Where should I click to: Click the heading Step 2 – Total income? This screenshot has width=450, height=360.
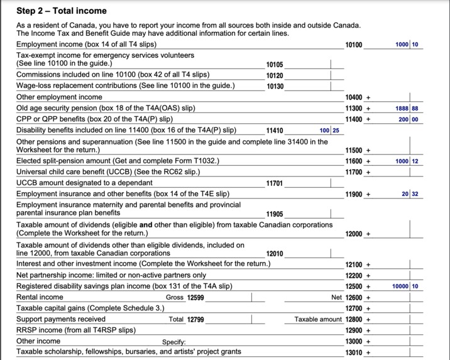point(61,11)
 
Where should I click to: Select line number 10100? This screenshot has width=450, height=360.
point(354,45)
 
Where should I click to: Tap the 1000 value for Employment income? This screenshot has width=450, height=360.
point(402,45)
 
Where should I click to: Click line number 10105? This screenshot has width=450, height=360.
point(275,65)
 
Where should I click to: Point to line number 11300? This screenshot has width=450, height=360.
point(354,109)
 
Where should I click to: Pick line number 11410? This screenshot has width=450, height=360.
point(275,131)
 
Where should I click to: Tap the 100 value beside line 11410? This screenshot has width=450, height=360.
point(324,131)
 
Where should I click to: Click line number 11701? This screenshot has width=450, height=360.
point(275,183)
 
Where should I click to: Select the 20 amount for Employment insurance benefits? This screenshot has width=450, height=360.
point(406,194)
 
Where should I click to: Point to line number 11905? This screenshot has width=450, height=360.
point(275,214)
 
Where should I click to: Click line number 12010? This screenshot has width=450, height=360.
point(275,254)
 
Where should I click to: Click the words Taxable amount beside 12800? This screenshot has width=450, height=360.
point(318,319)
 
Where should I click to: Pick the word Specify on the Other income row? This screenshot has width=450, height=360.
point(174,341)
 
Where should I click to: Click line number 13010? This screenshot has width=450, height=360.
point(354,352)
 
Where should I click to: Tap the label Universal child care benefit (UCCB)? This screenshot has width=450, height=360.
point(77,172)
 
